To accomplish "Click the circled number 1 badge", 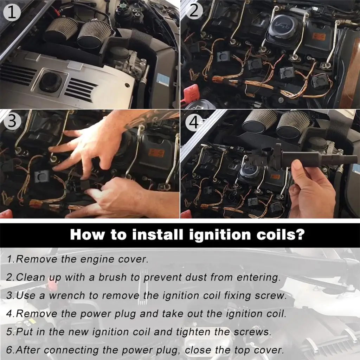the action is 12,13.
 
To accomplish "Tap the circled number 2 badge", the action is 194,11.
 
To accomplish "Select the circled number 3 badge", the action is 12,121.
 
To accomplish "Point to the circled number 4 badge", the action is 194,122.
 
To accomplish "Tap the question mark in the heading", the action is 300,234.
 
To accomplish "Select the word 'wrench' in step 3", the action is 67,295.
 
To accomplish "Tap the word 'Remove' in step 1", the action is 37,259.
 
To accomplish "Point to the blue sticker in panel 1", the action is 163,80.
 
